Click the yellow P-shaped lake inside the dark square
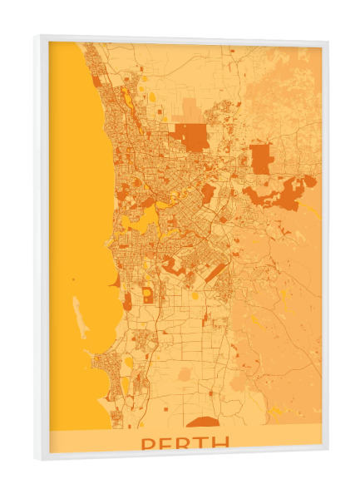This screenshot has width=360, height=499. click(x=147, y=294)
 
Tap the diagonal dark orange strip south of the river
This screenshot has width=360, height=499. click(x=215, y=272)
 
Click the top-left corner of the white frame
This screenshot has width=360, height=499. click(x=36, y=37)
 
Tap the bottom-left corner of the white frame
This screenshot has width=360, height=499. click(x=36, y=458)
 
